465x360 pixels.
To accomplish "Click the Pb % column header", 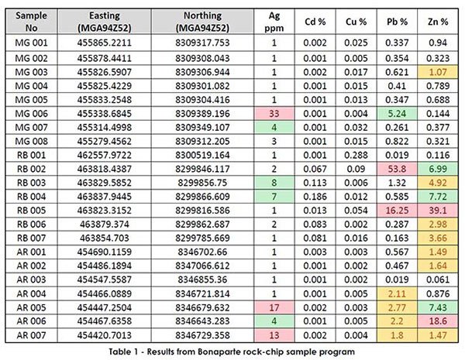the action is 397,22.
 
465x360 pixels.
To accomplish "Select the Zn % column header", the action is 438,22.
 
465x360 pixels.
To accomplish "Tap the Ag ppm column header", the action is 274,22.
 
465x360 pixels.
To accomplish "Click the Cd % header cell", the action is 315,22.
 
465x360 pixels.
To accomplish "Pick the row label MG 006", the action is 31,114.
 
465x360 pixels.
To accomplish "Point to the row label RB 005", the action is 31,211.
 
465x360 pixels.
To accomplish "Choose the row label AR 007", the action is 31,335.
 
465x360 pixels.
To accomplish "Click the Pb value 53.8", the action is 397,169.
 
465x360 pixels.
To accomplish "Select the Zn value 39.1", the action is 438,211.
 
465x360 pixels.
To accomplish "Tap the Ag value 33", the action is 274,114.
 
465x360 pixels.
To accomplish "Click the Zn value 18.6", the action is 438,321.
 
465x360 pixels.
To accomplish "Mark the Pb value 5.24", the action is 397,114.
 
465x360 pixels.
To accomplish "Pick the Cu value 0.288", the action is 356,155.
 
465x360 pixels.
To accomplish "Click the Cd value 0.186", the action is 315,197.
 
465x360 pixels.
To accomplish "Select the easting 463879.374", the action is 105,225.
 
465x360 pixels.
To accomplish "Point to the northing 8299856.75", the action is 202,183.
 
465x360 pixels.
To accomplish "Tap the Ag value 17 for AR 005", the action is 274,307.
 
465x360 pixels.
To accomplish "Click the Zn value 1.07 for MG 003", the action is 438,72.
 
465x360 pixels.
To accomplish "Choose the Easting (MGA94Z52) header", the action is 105,22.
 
